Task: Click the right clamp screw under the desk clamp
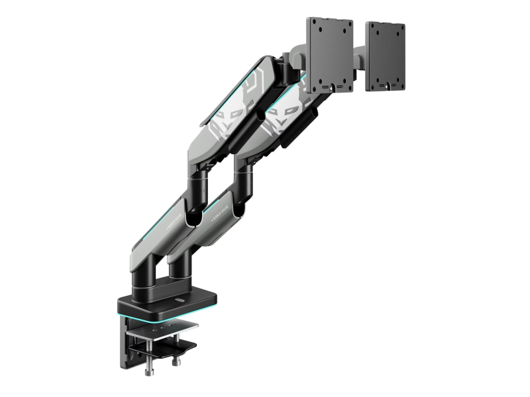tap(176, 361)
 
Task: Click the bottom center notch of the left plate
tap(327, 85)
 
